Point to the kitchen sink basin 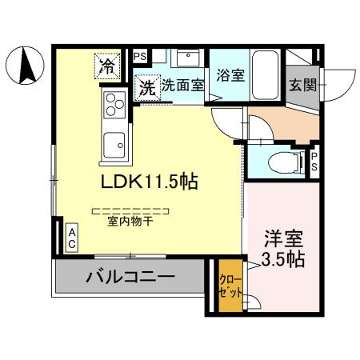click(113, 145)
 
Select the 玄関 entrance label click(302, 84)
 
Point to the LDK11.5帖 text click(148, 181)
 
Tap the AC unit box click(71, 238)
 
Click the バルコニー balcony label click(129, 278)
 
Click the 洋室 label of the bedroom click(283, 238)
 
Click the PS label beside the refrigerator click(140, 56)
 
